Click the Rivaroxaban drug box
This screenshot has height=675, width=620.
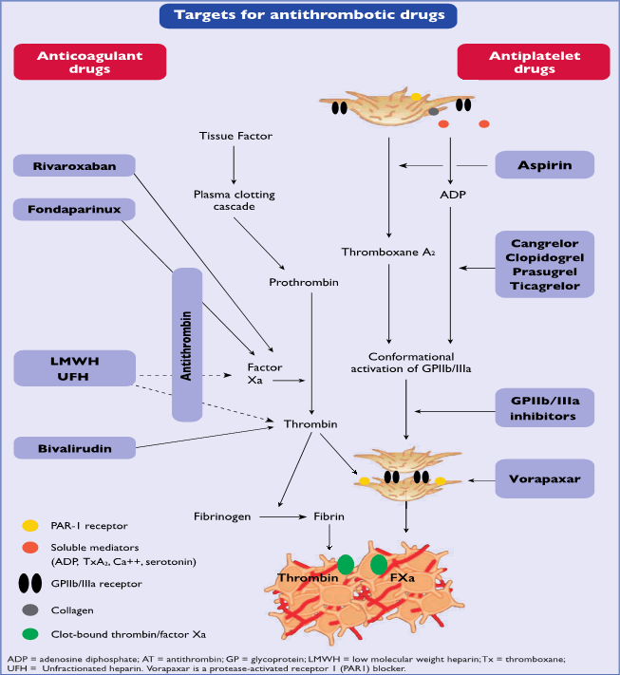73,165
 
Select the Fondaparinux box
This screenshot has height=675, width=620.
73,208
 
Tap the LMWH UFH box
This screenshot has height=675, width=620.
73,368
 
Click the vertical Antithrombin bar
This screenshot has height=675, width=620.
187,344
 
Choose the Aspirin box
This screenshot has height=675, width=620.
545,165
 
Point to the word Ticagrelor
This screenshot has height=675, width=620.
545,286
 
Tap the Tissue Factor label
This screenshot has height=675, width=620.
235,136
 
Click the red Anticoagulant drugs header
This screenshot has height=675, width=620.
89,63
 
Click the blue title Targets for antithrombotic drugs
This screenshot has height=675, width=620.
309,15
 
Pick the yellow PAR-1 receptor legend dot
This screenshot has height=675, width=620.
30,524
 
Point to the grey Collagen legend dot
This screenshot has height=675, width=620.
30,609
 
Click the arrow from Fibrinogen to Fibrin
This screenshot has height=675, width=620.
286,517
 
